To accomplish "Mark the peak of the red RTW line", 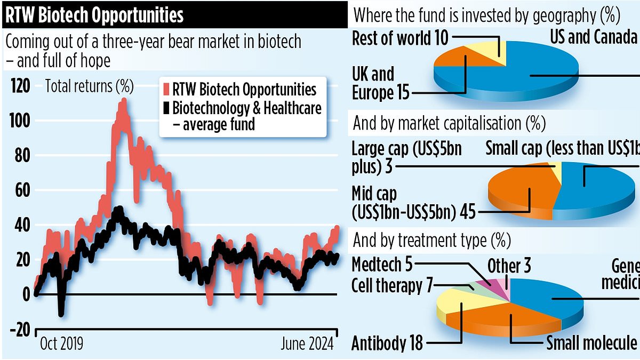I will (x=123, y=100).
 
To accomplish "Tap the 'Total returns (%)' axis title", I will (x=89, y=85).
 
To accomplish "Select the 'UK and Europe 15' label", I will (x=380, y=83).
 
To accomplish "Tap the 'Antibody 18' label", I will (x=387, y=343).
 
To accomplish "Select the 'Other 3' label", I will (x=509, y=266).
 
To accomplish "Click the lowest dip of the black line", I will (x=61, y=315).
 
